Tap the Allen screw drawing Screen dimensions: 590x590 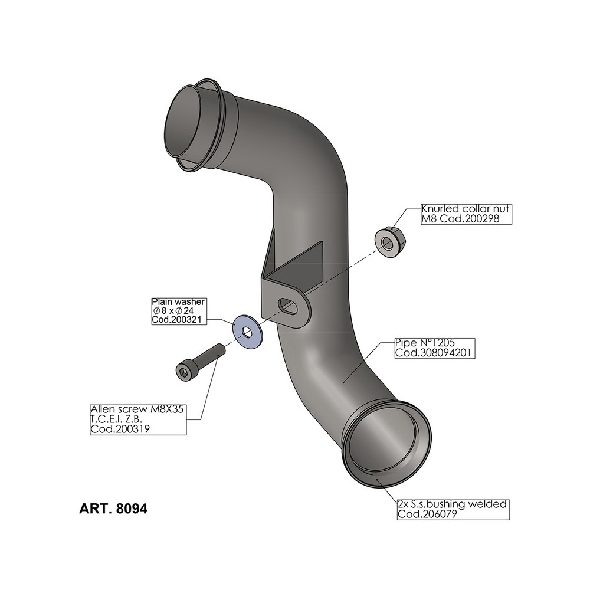click(201, 361)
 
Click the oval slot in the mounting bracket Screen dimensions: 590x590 click(289, 306)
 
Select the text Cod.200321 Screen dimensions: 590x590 click(177, 319)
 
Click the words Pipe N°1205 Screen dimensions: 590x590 click(424, 343)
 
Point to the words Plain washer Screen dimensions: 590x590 click(177, 301)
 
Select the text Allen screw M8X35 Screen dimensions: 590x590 click(137, 409)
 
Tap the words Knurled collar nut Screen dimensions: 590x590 click(466, 209)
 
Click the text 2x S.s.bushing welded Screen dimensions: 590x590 click(452, 504)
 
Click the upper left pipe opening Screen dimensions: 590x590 click(187, 124)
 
